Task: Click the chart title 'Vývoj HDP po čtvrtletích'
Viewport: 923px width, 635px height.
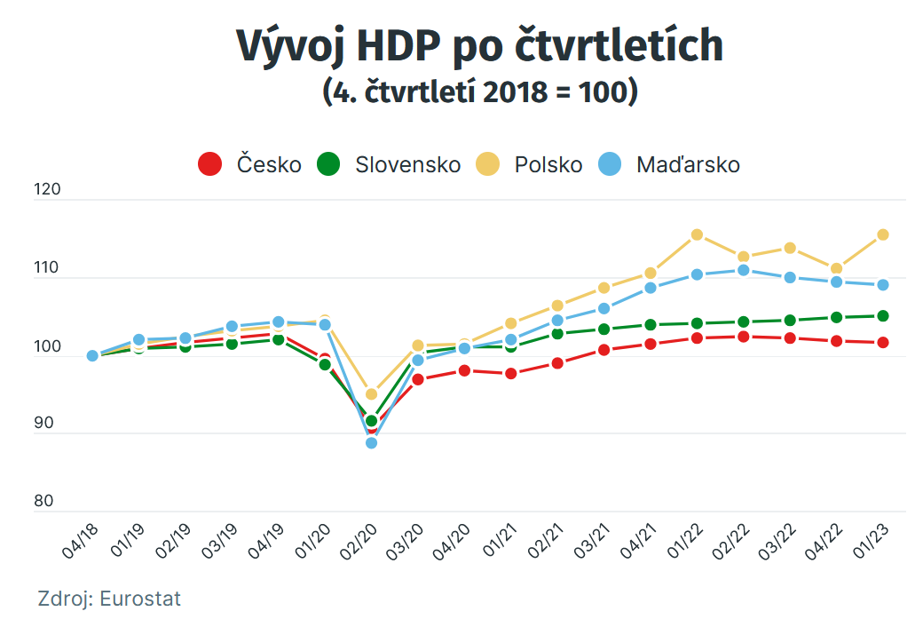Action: (479, 46)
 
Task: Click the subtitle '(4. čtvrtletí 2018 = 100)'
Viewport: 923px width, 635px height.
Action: (479, 91)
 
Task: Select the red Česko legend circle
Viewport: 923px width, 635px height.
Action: (209, 164)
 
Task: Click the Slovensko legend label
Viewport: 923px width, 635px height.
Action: (407, 164)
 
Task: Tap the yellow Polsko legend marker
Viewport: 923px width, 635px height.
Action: (487, 164)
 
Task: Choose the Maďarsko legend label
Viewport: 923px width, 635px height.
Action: (688, 164)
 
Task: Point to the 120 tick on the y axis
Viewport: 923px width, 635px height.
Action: (43, 190)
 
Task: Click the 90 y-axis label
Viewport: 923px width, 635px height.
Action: (43, 424)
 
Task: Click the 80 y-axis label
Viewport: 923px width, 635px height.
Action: (43, 501)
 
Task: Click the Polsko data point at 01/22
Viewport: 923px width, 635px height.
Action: (697, 235)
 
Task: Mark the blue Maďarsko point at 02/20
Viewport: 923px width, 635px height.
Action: (372, 442)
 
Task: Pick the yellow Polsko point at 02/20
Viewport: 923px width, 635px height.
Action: (372, 394)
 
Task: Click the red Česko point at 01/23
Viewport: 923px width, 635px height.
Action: (883, 343)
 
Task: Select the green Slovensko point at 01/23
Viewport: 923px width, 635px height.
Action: (883, 316)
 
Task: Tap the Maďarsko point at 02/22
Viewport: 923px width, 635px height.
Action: (744, 270)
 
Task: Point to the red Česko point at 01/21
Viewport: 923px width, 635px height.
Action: (511, 374)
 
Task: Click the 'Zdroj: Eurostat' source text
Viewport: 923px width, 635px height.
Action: (109, 599)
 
